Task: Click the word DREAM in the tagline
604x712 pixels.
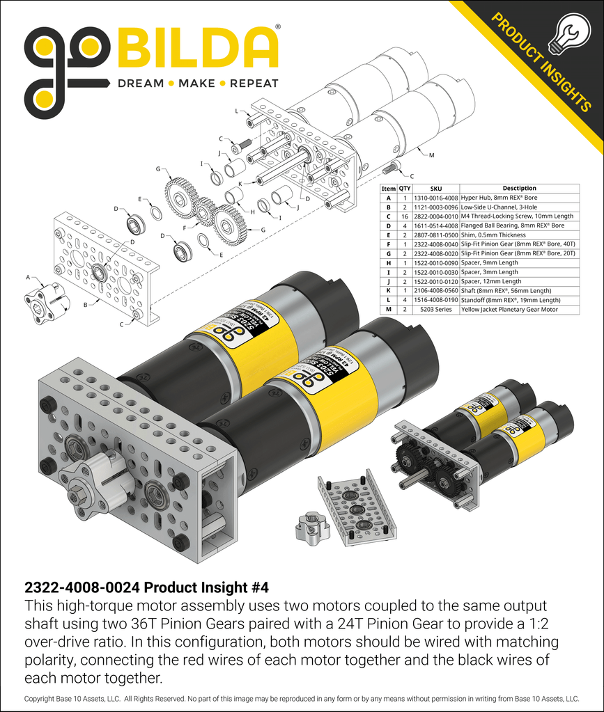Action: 140,84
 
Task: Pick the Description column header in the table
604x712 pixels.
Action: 519,188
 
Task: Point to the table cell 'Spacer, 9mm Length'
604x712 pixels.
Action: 490,263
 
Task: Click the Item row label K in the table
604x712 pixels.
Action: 387,291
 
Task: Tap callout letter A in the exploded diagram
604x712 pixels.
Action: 28,277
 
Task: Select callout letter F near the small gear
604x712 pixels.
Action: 185,227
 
